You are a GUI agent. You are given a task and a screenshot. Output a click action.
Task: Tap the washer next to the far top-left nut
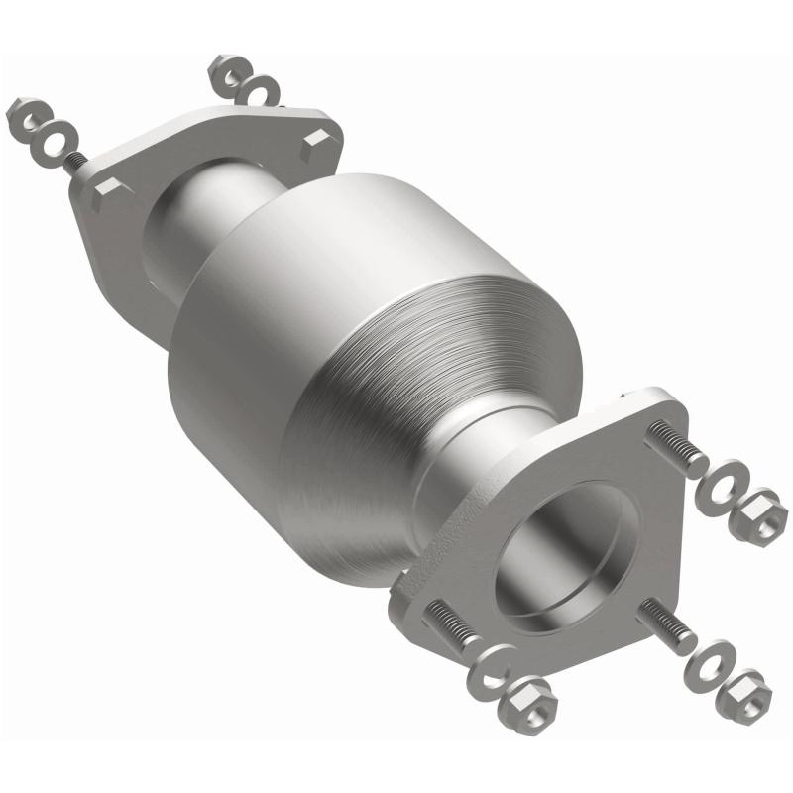tap(55, 140)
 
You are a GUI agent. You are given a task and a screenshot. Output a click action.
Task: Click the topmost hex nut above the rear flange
tap(226, 72)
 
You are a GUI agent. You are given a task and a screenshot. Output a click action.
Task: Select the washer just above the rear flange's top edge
tap(261, 93)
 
